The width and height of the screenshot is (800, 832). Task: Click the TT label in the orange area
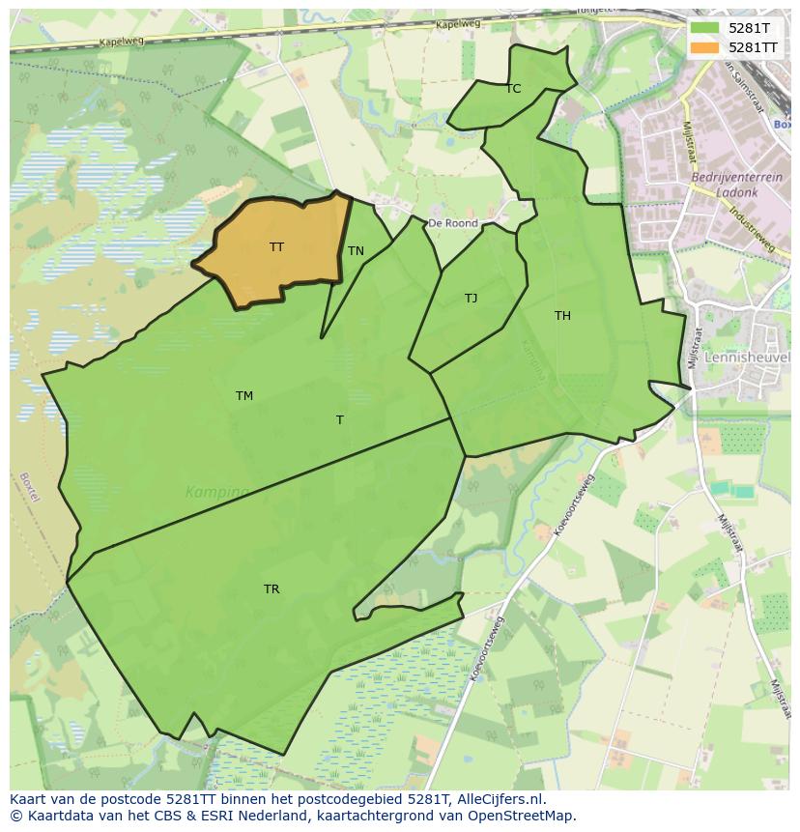[276, 247]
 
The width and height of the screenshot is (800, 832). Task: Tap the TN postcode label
[356, 251]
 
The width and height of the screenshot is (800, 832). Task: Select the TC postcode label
[513, 89]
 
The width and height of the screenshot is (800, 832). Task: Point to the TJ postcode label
[471, 299]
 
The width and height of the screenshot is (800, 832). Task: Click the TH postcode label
[562, 316]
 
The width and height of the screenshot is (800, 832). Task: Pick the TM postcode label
[244, 396]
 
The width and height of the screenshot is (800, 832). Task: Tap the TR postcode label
[271, 589]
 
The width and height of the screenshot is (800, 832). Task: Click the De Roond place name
[453, 223]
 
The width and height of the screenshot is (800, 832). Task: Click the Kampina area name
[216, 493]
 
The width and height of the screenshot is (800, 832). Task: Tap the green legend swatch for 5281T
[704, 29]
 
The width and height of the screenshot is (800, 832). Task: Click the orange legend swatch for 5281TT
[704, 47]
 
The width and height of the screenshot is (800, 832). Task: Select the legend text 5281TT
[753, 47]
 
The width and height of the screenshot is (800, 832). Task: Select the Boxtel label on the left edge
[28, 486]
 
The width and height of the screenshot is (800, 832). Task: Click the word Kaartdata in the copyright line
[55, 816]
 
